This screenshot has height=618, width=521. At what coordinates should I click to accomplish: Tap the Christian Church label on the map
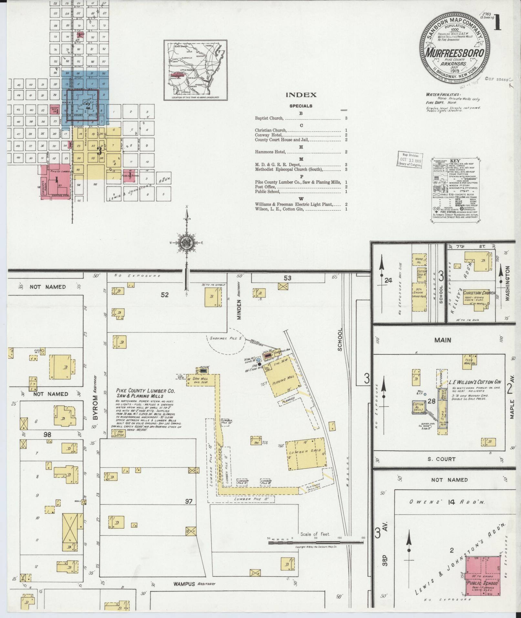click(x=479, y=293)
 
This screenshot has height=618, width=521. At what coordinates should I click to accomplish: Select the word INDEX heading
click(x=301, y=95)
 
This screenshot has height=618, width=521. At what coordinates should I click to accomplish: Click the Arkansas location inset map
click(x=195, y=70)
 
